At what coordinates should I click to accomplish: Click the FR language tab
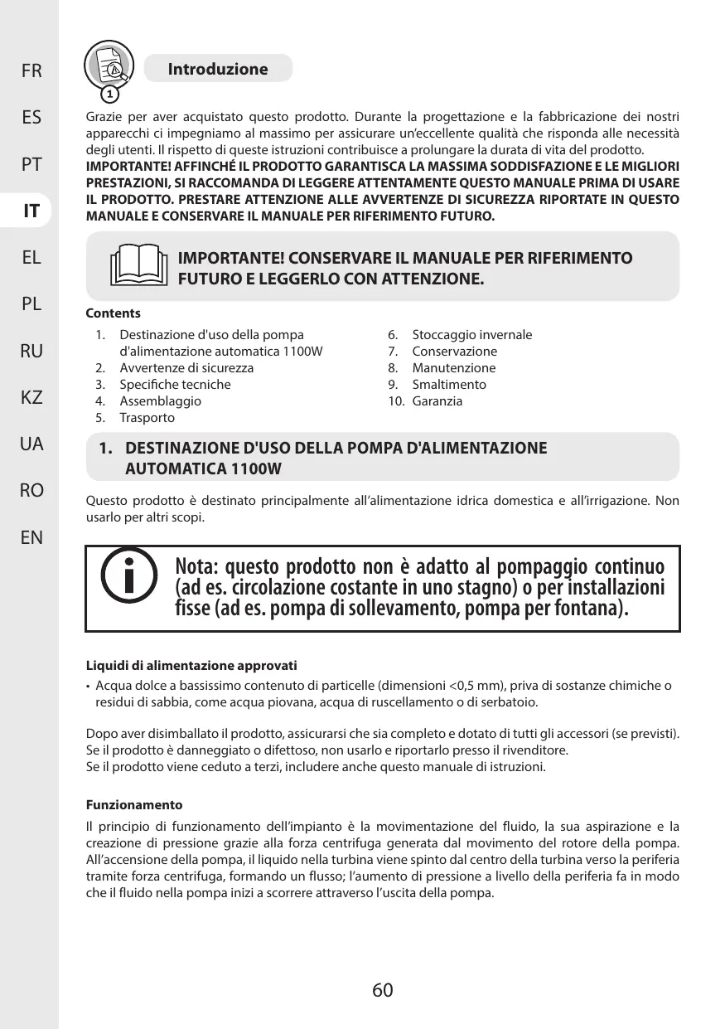[32, 71]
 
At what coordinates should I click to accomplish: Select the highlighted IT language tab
[32, 211]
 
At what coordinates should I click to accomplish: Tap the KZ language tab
[32, 398]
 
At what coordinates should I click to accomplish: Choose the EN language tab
[32, 538]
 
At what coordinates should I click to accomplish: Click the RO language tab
[32, 491]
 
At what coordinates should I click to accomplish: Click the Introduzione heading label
[218, 69]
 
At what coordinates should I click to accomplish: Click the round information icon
[128, 575]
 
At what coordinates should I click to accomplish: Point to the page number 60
[382, 990]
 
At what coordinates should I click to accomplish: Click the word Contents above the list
[114, 313]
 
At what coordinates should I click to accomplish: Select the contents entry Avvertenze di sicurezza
[186, 367]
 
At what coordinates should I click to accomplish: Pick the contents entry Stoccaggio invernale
[472, 334]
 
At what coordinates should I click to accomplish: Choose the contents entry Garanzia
[437, 400]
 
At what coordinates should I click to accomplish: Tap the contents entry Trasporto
[147, 417]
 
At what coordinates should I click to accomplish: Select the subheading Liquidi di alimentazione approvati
[192, 666]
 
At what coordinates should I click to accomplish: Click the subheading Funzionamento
[134, 804]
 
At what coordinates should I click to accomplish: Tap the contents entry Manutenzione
[454, 367]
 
